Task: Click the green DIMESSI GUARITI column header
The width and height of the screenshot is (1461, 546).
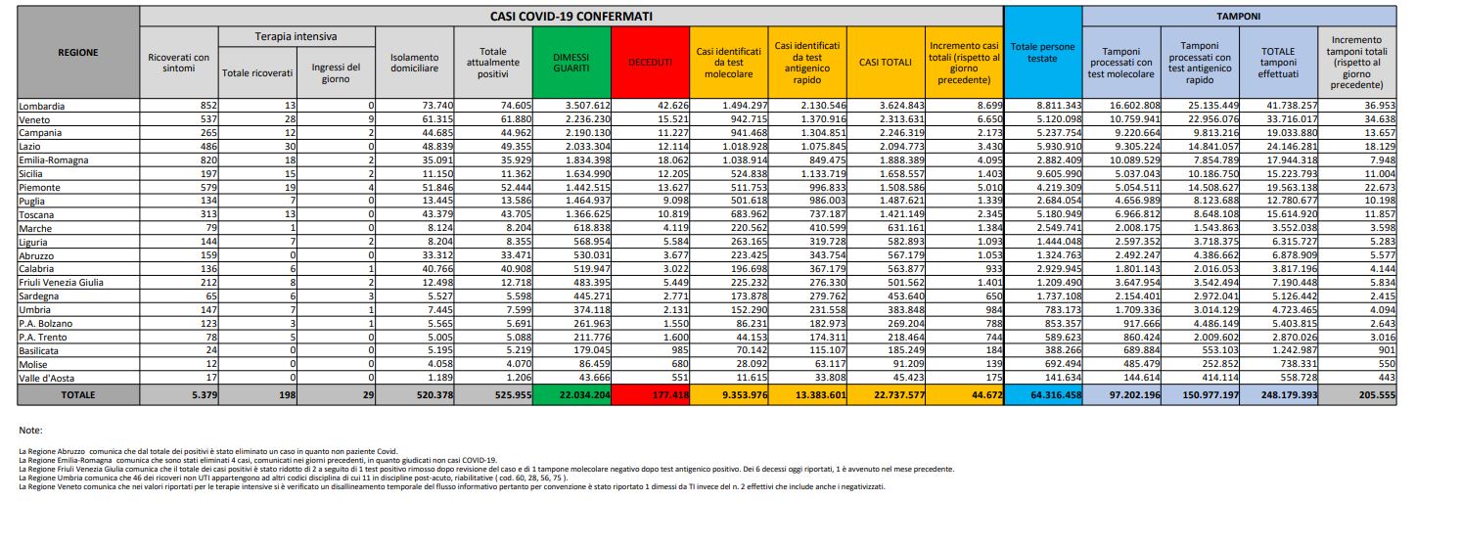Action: pyautogui.click(x=571, y=62)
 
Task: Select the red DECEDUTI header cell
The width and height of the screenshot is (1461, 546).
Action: pyautogui.click(x=650, y=62)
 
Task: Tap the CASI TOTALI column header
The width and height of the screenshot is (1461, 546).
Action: pyautogui.click(x=886, y=62)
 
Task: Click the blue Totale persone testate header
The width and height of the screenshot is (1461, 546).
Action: pyautogui.click(x=1042, y=53)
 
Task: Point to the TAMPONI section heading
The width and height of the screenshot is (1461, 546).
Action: pyautogui.click(x=1238, y=17)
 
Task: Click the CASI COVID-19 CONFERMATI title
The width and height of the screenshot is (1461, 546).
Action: pyautogui.click(x=572, y=17)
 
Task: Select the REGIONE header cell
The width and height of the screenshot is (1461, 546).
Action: pyautogui.click(x=78, y=53)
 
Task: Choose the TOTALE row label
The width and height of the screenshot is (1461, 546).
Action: pyautogui.click(x=78, y=393)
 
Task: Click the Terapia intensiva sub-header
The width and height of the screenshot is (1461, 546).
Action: pyautogui.click(x=296, y=36)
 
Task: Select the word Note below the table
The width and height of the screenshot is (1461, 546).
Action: pyautogui.click(x=30, y=430)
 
